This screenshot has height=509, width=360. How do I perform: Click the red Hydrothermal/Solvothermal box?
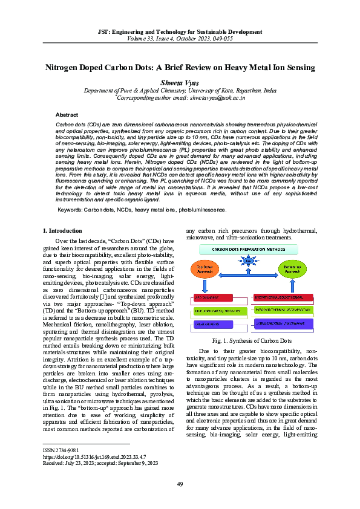coord(283,297)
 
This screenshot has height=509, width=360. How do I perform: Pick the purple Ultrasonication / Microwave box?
coord(283,325)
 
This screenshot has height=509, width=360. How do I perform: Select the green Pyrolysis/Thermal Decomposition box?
coord(283,311)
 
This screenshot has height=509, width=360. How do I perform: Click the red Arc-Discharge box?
coord(214,297)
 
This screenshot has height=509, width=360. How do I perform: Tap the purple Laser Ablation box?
coord(214,325)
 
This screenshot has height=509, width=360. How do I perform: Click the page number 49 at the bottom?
coord(180,484)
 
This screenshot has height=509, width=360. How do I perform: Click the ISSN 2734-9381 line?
coord(61,451)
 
